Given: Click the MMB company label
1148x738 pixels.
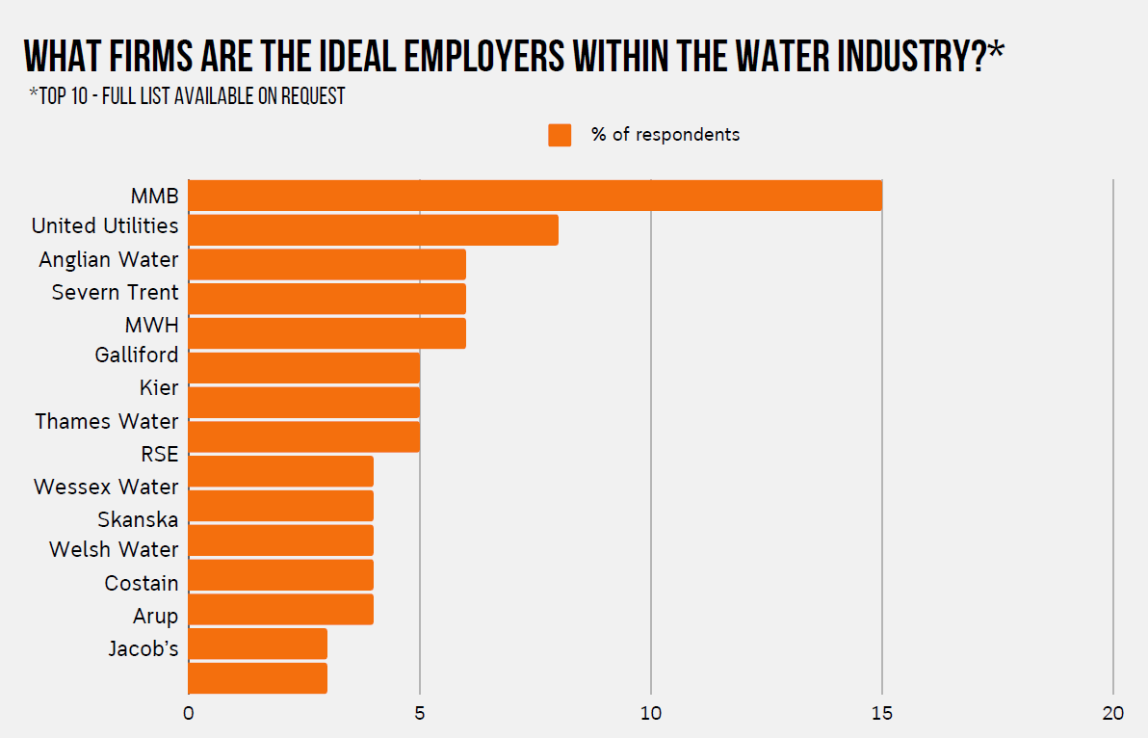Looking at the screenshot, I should tap(154, 197).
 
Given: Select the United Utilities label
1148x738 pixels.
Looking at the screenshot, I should tap(105, 226).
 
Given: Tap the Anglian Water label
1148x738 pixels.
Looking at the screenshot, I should tap(109, 260).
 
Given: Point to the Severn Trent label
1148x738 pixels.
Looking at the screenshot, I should tap(115, 293).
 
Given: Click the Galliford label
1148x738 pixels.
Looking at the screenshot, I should tap(136, 356).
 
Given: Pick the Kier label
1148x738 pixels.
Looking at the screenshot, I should tap(159, 388).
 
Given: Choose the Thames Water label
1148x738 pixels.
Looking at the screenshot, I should tap(107, 422).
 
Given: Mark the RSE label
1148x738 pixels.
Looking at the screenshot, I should tap(159, 455).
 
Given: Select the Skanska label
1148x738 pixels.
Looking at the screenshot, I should tap(138, 520).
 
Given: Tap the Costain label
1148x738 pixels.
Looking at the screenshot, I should tap(142, 584).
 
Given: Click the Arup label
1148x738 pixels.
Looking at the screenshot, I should tap(155, 617).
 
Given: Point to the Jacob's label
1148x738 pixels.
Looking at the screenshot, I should tap(143, 649).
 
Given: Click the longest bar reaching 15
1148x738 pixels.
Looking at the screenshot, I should tap(535, 196).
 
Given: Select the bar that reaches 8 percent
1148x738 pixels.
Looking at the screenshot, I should tap(373, 230).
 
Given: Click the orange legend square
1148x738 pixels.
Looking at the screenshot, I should tap(560, 135).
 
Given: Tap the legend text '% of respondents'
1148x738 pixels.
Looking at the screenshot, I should tap(665, 135).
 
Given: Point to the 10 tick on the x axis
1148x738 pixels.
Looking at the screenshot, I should tap(651, 714).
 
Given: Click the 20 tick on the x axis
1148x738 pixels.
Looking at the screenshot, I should tap(1113, 714).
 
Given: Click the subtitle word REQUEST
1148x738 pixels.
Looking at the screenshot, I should tap(313, 96).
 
